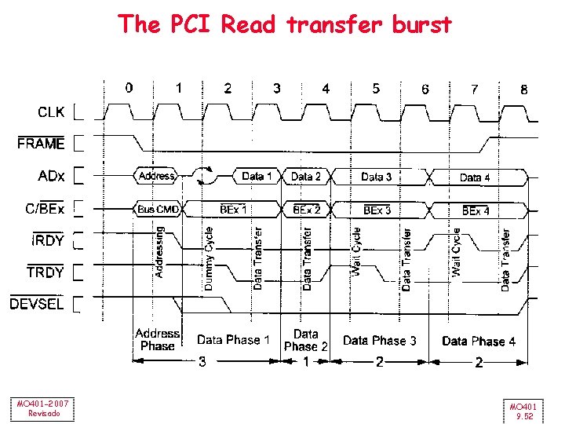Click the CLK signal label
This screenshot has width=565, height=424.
pyautogui.click(x=52, y=112)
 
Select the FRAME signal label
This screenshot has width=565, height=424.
pyautogui.click(x=41, y=144)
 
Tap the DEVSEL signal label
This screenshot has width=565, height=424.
pyautogui.click(x=37, y=304)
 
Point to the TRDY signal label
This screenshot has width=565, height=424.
pyautogui.click(x=46, y=272)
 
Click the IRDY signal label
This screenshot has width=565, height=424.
pyautogui.click(x=48, y=240)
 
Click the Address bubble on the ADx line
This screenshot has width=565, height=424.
pyautogui.click(x=156, y=176)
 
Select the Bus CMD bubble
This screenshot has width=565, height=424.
pyautogui.click(x=158, y=210)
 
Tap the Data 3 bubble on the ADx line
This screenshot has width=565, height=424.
pyautogui.click(x=377, y=177)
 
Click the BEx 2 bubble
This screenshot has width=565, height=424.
pyautogui.click(x=306, y=210)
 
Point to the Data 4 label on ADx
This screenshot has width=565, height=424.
pyautogui.click(x=475, y=177)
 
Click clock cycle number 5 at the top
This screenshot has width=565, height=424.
pyautogui.click(x=376, y=88)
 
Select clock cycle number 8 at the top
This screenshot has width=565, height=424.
pyautogui.click(x=524, y=90)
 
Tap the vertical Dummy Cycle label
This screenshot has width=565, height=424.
pyautogui.click(x=209, y=259)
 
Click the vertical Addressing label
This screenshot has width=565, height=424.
pyautogui.click(x=159, y=251)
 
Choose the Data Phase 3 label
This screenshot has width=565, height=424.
pyautogui.click(x=380, y=341)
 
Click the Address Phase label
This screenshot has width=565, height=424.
pyautogui.click(x=157, y=340)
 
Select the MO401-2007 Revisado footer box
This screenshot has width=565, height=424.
pyautogui.click(x=44, y=408)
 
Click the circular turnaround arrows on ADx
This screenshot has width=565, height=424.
pyautogui.click(x=207, y=176)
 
